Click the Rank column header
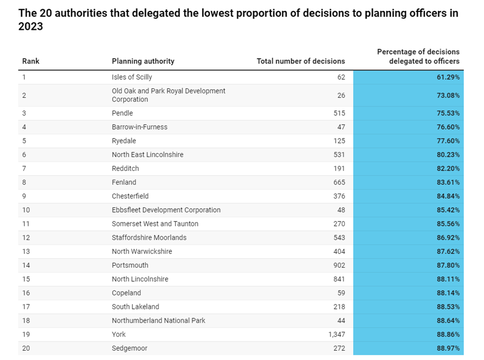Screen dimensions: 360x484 pyautogui.click(x=31, y=61)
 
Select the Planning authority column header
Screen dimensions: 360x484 pyautogui.click(x=143, y=61)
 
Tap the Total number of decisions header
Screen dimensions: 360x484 pyautogui.click(x=301, y=61)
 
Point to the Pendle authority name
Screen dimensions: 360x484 pyautogui.click(x=123, y=113)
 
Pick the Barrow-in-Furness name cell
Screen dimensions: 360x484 pyautogui.click(x=140, y=127)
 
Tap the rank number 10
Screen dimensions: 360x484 pyautogui.click(x=26, y=210)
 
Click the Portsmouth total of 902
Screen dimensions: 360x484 pyautogui.click(x=339, y=265)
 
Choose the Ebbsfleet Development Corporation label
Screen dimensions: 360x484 pyautogui.click(x=166, y=210)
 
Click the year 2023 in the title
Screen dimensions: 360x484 pyautogui.click(x=31, y=27)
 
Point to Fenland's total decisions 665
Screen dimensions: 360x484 pyautogui.click(x=339, y=182)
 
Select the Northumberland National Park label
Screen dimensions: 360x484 pyautogui.click(x=159, y=321)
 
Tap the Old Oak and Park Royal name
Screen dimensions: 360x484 pyautogui.click(x=168, y=95)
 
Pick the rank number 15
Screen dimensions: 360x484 pyautogui.click(x=26, y=279)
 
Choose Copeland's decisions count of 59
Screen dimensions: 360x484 pyautogui.click(x=341, y=293)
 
